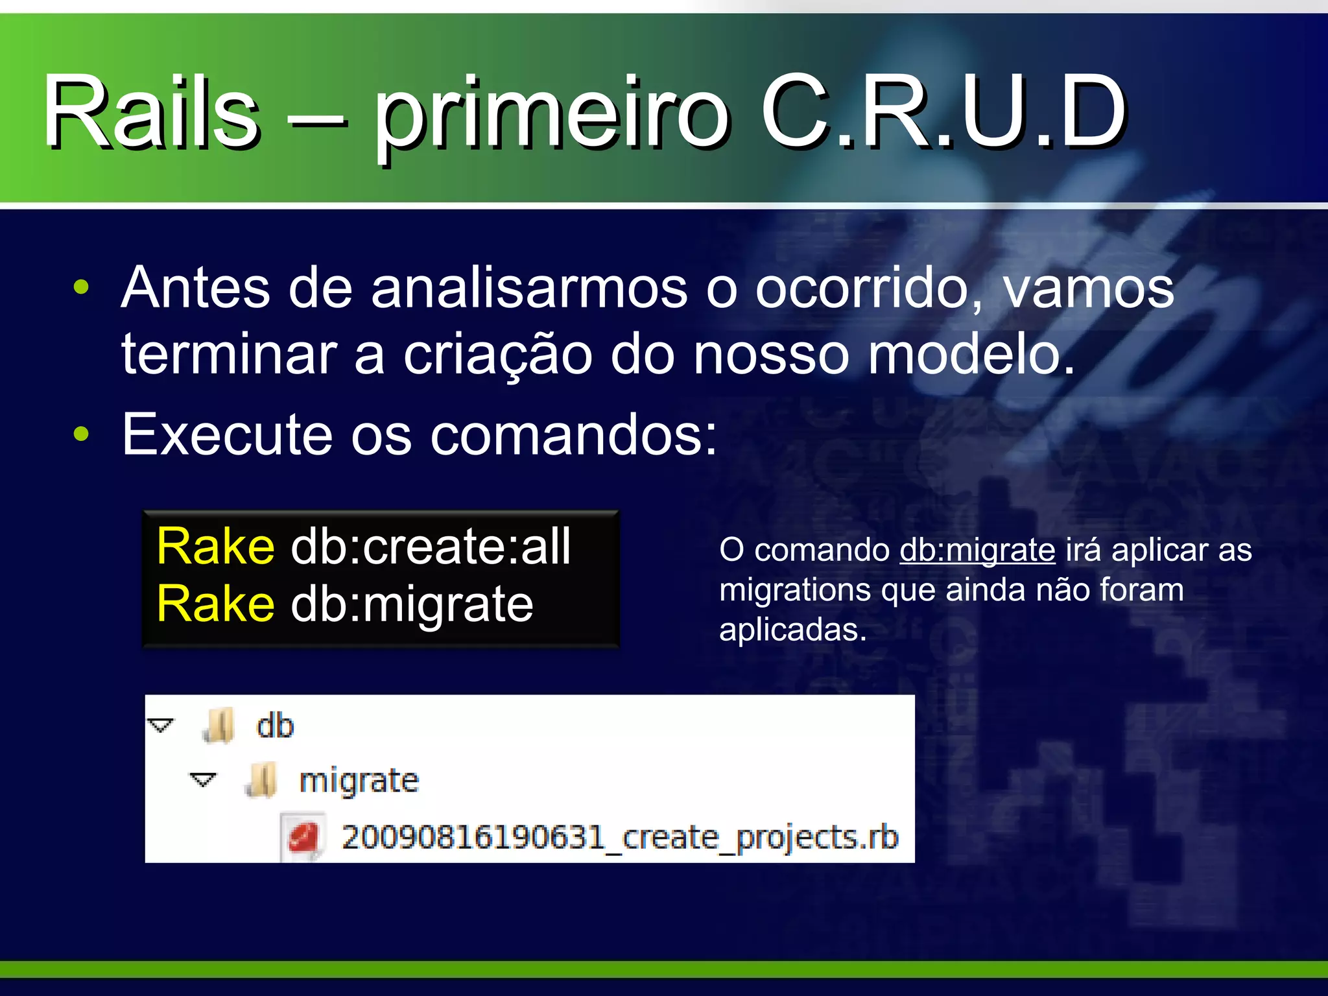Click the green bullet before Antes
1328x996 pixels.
point(81,287)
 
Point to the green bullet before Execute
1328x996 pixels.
point(81,434)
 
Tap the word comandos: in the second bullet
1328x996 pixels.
point(573,434)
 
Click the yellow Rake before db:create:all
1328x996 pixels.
point(215,547)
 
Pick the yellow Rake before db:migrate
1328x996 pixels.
point(215,604)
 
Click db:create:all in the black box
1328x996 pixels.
point(431,547)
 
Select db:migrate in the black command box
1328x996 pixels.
point(412,604)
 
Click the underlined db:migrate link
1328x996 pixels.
point(977,550)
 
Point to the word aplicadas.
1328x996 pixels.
point(792,629)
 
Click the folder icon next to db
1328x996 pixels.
point(219,726)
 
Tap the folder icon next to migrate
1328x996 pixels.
point(261,780)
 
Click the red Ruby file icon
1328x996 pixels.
point(303,838)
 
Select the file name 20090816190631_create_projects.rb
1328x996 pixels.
point(619,837)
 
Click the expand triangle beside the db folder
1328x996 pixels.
point(161,725)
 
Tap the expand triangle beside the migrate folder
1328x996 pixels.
point(203,779)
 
